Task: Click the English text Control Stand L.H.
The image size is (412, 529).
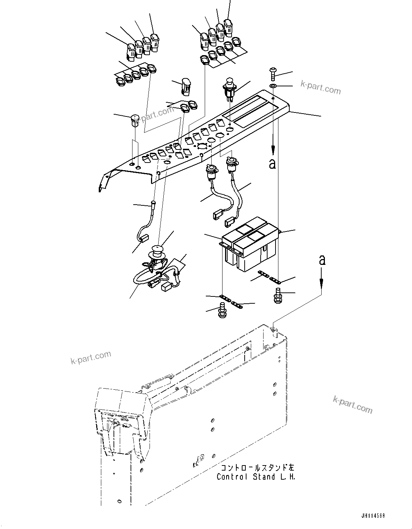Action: tap(256, 477)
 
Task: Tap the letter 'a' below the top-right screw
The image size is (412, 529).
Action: tap(272, 164)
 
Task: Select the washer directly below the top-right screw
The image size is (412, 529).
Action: tap(273, 86)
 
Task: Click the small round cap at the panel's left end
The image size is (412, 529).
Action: tap(135, 120)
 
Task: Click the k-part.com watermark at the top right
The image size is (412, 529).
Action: tap(321, 87)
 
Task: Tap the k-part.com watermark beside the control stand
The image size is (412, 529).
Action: tap(352, 404)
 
